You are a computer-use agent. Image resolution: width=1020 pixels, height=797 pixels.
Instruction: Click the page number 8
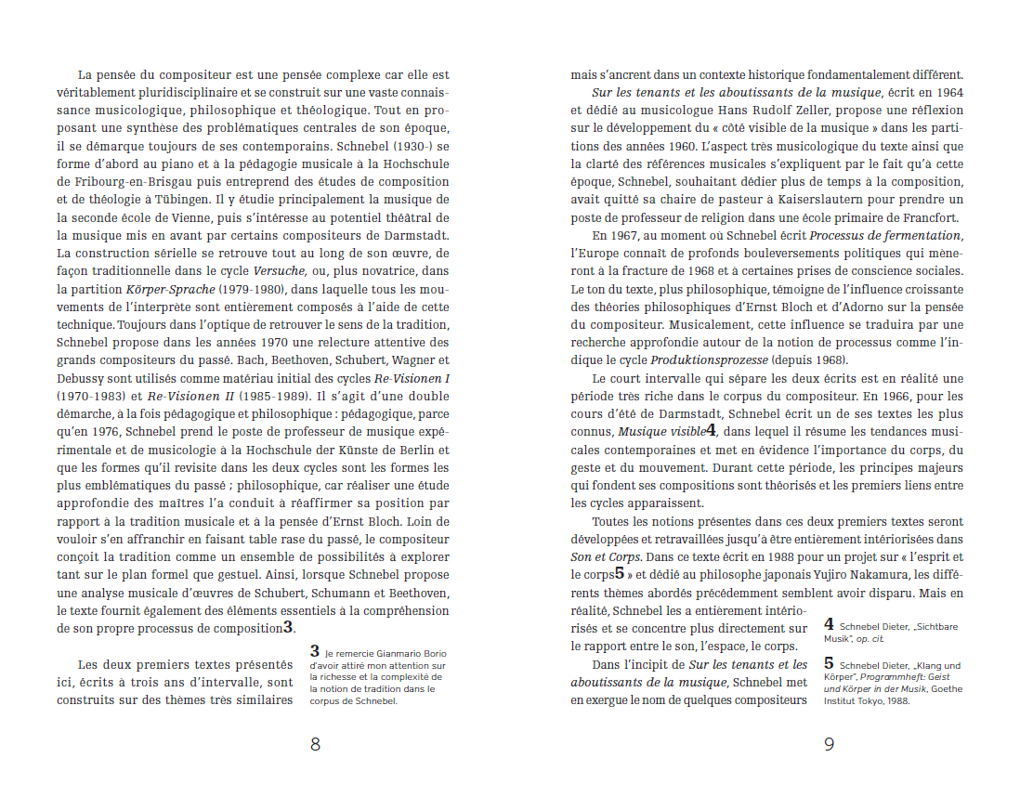(x=315, y=744)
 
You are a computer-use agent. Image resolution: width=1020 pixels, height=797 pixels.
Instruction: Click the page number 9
(x=829, y=744)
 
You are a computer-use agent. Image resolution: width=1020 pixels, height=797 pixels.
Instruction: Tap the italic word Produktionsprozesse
(x=710, y=360)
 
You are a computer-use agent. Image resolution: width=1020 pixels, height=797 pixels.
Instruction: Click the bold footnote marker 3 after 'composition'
(x=289, y=628)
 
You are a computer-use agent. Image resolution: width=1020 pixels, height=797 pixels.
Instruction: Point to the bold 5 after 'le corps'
(x=619, y=573)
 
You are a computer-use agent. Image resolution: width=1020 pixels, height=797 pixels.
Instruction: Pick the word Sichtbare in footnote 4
(x=936, y=627)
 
